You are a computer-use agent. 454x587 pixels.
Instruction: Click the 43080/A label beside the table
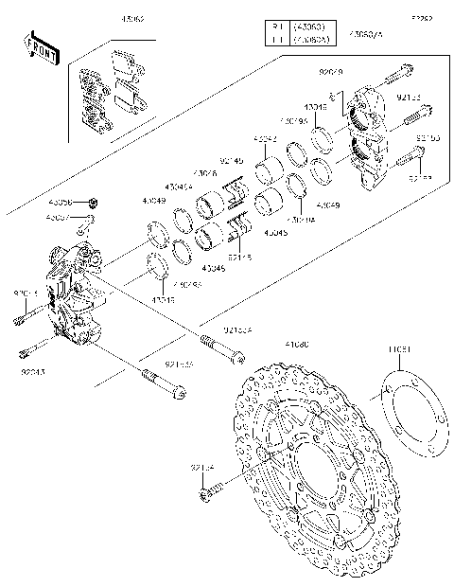[366, 34]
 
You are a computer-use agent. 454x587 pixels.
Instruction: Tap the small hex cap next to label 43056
[94, 203]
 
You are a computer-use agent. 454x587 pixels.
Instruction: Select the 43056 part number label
[60, 203]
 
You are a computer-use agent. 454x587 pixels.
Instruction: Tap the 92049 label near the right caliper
[332, 70]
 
